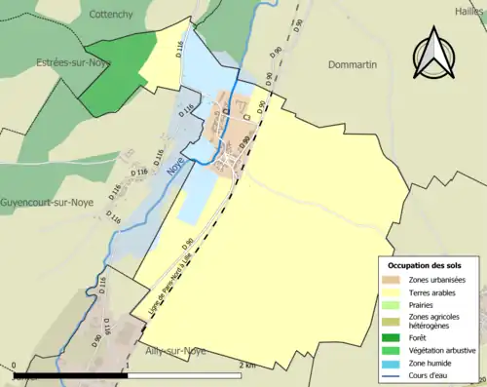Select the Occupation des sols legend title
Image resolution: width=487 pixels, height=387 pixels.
pyautogui.click(x=431, y=265)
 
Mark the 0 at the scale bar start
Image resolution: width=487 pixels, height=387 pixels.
pyautogui.click(x=16, y=366)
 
